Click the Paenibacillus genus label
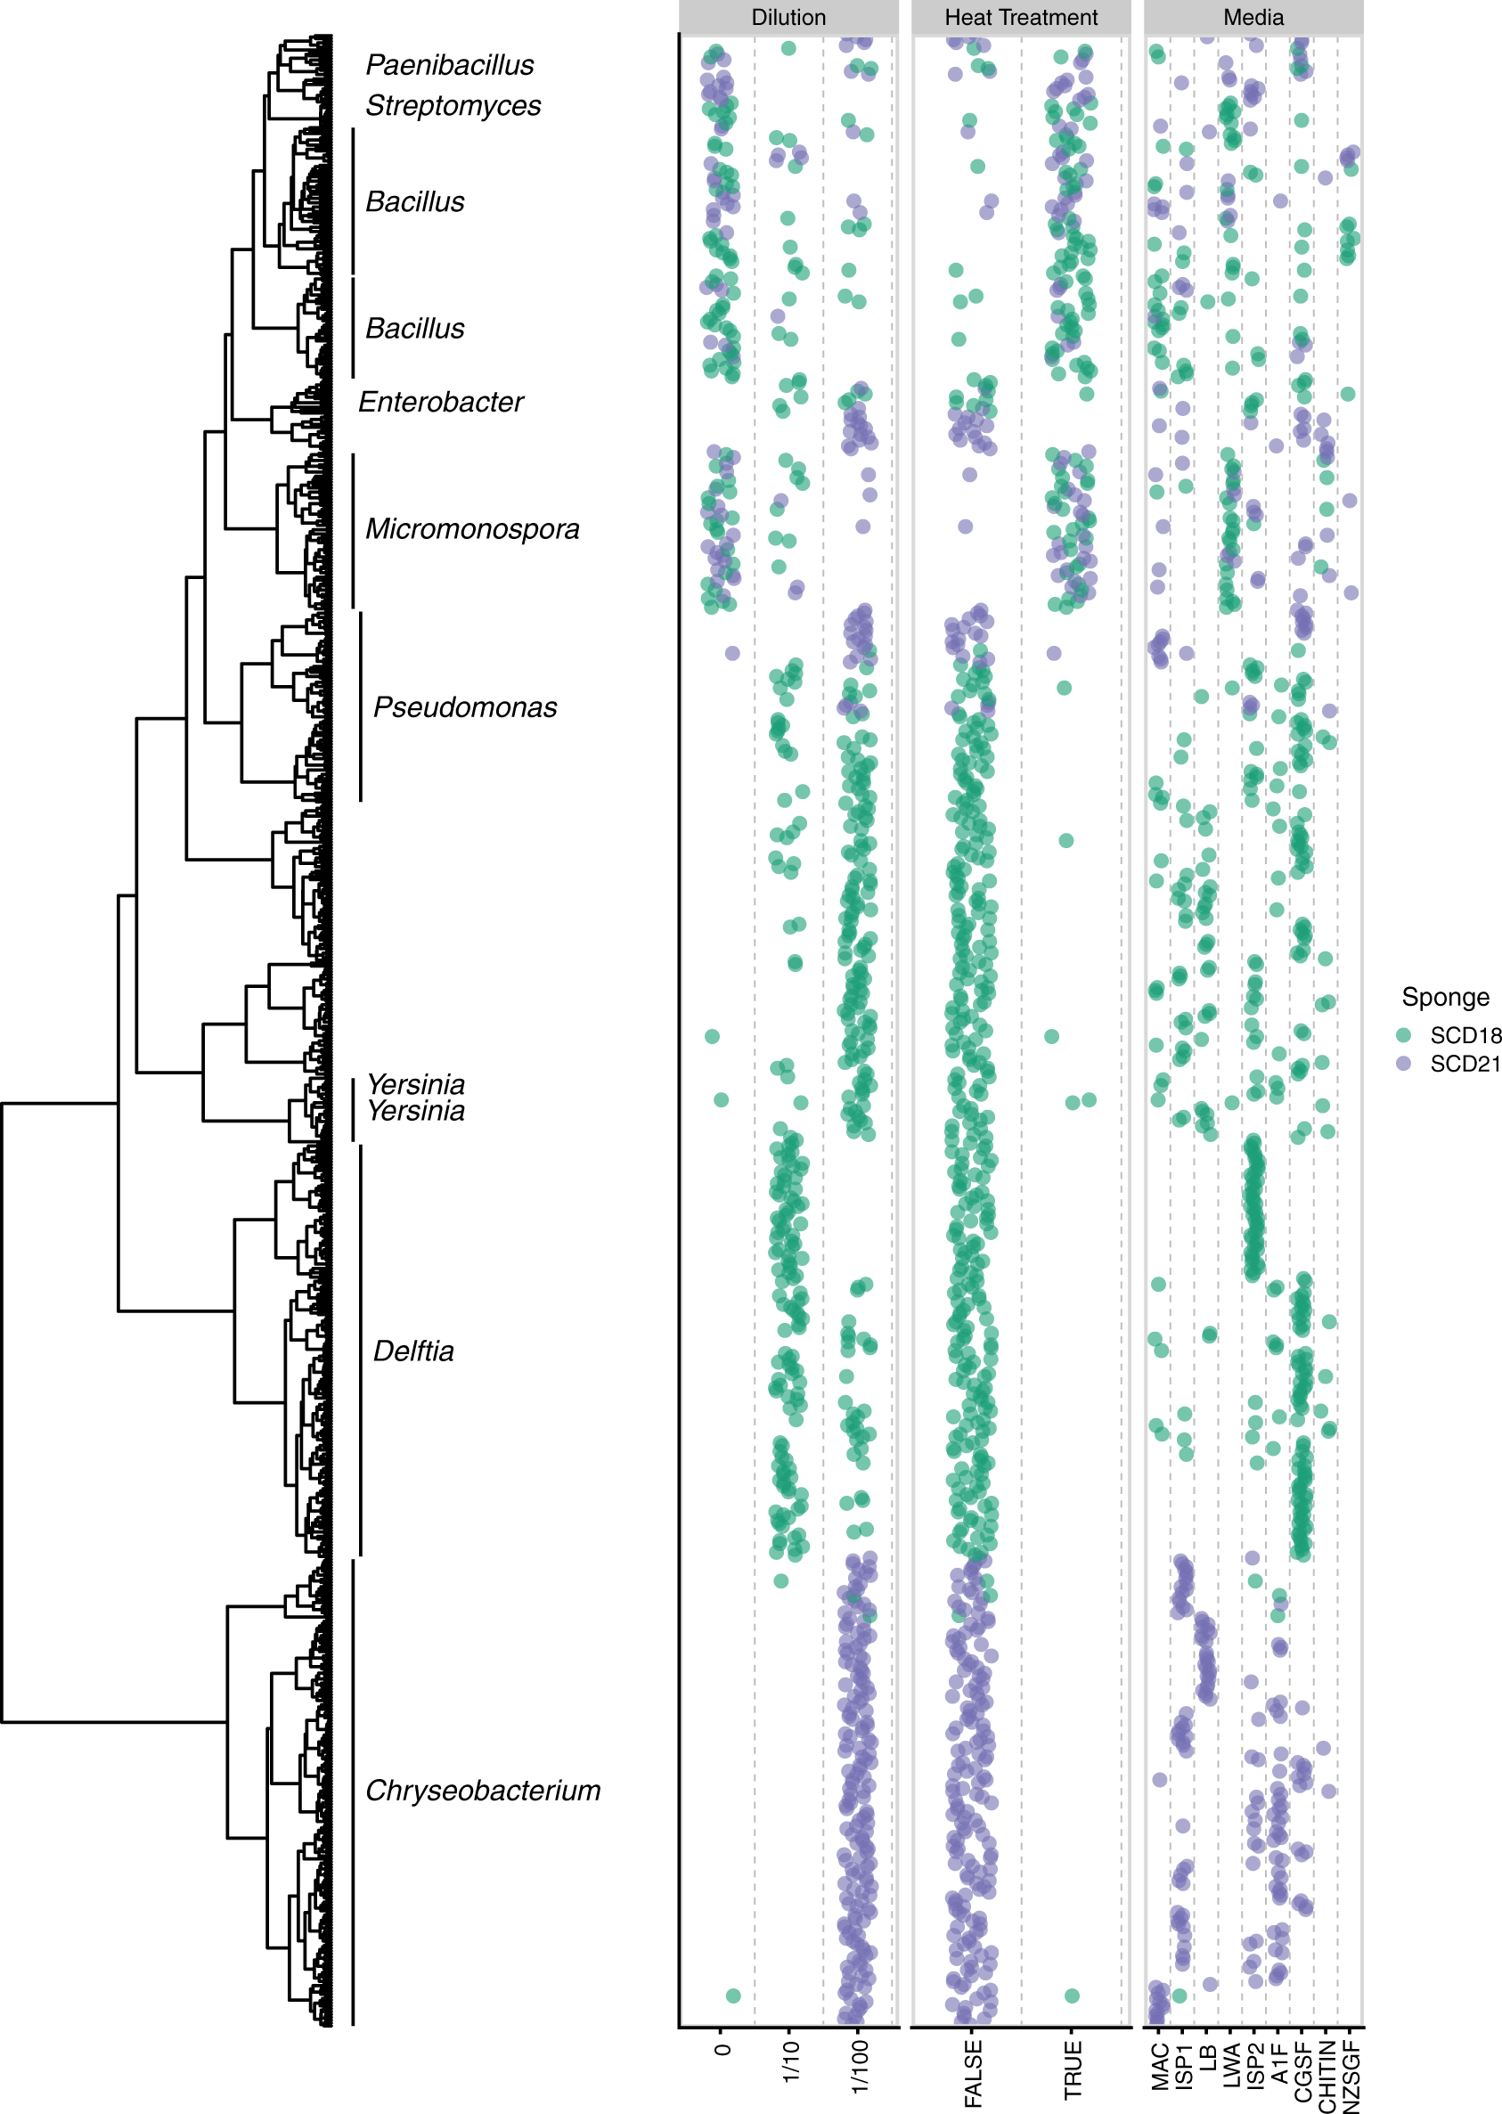click(x=450, y=65)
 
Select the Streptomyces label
click(x=453, y=105)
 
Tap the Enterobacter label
click(x=440, y=403)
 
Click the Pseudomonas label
click(x=464, y=707)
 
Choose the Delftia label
click(x=413, y=1352)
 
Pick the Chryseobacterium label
click(x=483, y=1792)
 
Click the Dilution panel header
click(x=788, y=18)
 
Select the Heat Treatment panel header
click(x=1020, y=18)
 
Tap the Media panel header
click(x=1253, y=18)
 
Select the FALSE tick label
click(x=973, y=2074)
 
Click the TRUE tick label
click(x=1073, y=2069)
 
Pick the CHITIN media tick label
click(x=1327, y=2076)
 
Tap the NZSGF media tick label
click(x=1351, y=2076)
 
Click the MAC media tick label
click(x=1161, y=2067)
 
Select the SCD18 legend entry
click(x=1463, y=1035)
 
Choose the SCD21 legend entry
click(x=1463, y=1064)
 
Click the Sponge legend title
click(x=1445, y=997)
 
